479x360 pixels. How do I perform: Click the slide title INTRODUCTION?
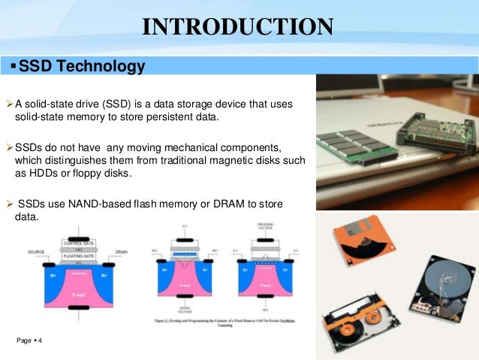click(x=238, y=27)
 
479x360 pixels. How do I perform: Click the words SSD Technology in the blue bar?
click(x=81, y=67)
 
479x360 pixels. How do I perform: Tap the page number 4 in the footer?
click(x=39, y=342)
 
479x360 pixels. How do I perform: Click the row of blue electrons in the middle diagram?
click(x=184, y=256)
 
